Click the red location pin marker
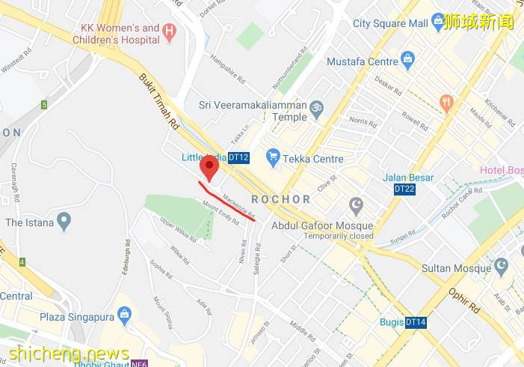(210, 168)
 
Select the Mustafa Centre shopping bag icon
(407, 58)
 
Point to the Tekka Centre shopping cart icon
(273, 158)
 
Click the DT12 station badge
(238, 157)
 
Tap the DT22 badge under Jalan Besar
(404, 189)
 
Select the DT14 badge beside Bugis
(416, 323)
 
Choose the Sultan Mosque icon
(501, 265)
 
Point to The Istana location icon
(64, 222)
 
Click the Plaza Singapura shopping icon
(124, 314)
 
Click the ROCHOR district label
(281, 199)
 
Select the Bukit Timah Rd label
(157, 100)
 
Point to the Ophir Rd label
(465, 297)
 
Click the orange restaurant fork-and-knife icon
(447, 103)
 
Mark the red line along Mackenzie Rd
(228, 202)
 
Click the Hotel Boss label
(501, 171)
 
